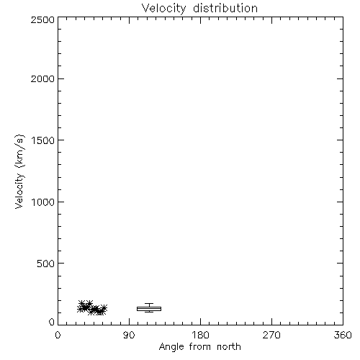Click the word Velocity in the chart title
tap(164, 9)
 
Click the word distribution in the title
tap(225, 8)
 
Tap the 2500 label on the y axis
tap(42, 19)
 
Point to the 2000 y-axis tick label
tap(42, 78)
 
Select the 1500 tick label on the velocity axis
tap(43, 140)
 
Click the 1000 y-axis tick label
tap(43, 202)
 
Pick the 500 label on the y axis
tap(46, 264)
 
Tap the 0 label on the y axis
tap(52, 322)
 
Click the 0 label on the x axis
tap(58, 335)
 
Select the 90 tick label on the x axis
tap(129, 335)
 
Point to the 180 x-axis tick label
tap(200, 335)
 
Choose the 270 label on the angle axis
tap(271, 335)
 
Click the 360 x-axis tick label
tap(343, 335)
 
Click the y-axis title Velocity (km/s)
tap(19, 171)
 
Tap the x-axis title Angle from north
tap(200, 347)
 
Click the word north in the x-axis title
tap(229, 347)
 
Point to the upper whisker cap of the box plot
tap(149, 304)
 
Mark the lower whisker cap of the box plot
tap(149, 312)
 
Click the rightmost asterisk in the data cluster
tap(104, 308)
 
